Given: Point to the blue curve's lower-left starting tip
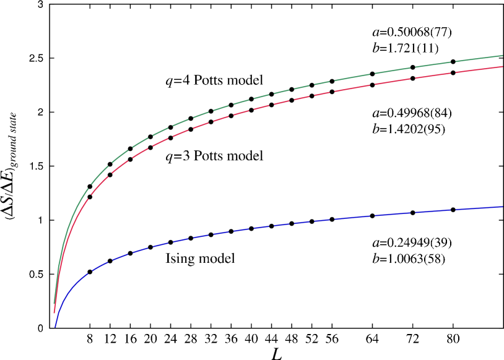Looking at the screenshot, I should (55, 327).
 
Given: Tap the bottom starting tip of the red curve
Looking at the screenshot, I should (54, 313).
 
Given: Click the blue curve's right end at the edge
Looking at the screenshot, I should (502, 207).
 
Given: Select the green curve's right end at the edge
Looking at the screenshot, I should (502, 56).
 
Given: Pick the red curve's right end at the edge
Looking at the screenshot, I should (502, 66).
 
